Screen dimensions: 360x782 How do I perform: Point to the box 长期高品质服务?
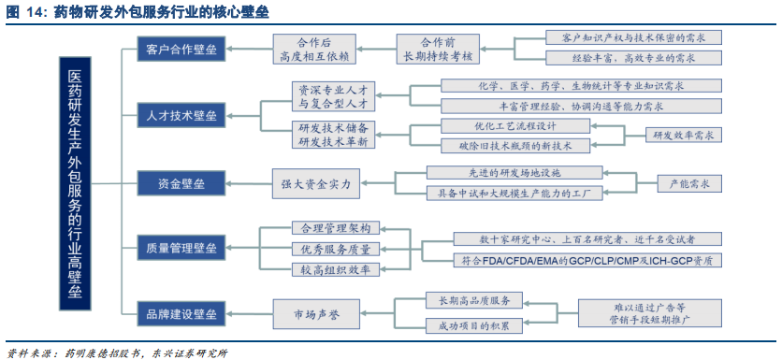[x=468, y=300]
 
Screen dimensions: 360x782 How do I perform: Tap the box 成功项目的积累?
[x=468, y=325]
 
